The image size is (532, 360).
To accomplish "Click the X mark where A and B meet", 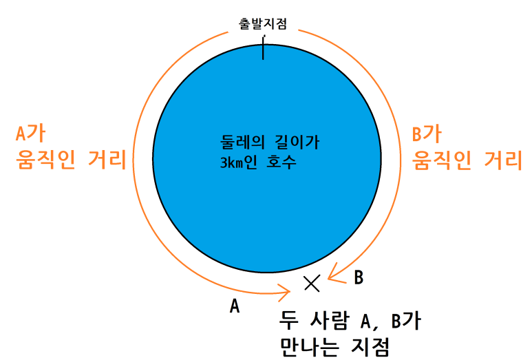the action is tap(312, 282).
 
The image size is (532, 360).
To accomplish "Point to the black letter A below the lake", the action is tap(234, 306).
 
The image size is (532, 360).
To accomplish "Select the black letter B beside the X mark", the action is tap(358, 278).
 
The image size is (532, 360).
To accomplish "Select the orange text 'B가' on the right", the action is tap(426, 133).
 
